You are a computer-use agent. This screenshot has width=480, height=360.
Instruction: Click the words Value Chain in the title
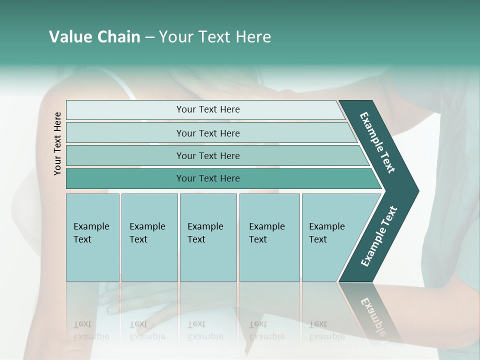tap(94, 37)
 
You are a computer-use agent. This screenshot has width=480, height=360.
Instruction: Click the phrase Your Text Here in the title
tap(215, 37)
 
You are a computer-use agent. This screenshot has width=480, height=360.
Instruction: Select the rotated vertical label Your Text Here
tap(57, 143)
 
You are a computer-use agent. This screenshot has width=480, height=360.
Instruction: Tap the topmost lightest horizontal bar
tap(207, 109)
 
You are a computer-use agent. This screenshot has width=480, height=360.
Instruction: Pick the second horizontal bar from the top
tap(207, 133)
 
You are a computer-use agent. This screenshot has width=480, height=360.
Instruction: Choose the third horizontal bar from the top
tap(207, 155)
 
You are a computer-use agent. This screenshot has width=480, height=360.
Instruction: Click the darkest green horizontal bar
tap(207, 178)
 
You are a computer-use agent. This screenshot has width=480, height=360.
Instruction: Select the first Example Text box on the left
tap(92, 237)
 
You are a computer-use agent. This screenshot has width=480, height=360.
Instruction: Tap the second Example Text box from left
tap(149, 237)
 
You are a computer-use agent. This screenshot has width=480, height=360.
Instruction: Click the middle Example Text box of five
tap(208, 237)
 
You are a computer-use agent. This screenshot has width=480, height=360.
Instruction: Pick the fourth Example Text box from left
tap(269, 237)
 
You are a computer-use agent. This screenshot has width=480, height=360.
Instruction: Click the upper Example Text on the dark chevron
tap(377, 142)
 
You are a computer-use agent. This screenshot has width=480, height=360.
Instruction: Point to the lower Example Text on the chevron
tap(378, 236)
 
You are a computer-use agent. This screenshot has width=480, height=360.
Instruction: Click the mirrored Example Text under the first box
tap(91, 330)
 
